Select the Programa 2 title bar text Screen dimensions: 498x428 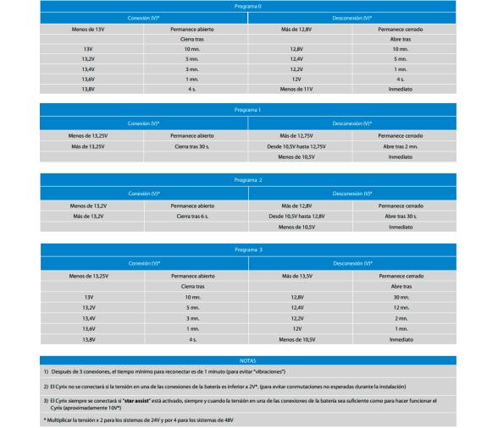[249, 180]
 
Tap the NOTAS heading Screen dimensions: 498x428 [249, 359]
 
